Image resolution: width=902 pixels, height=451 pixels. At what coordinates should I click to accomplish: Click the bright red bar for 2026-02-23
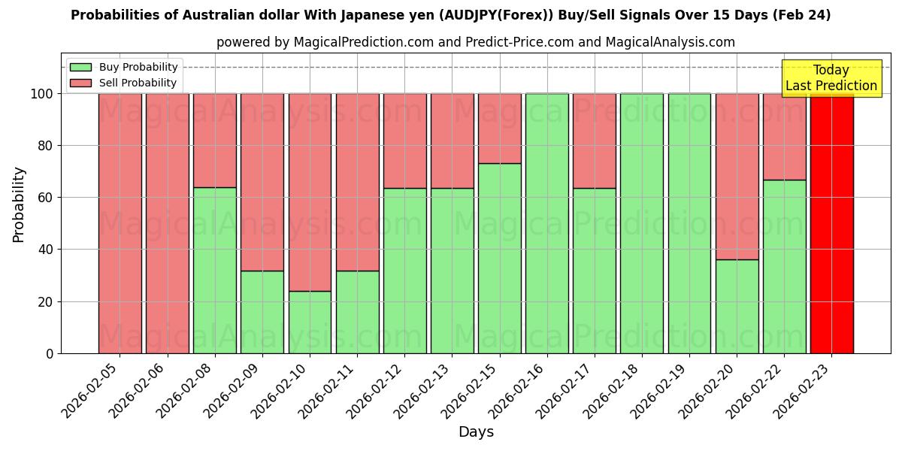pos(831,223)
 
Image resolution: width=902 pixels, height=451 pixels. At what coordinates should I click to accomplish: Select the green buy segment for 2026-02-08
pos(215,270)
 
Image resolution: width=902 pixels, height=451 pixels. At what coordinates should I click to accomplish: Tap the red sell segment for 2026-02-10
pos(310,192)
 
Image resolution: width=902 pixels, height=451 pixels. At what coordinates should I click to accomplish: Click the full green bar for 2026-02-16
pos(547,223)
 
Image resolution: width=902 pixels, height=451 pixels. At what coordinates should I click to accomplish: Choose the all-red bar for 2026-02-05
pos(120,223)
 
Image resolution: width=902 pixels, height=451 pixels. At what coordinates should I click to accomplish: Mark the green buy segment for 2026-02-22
pos(784,266)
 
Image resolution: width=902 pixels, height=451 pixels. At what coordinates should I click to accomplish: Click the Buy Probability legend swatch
pos(80,68)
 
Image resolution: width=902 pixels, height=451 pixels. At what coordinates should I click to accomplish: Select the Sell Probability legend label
pos(138,83)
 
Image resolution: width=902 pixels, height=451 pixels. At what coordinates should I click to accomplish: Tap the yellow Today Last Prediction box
pos(831,78)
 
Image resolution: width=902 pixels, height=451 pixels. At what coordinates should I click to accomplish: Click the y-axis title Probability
pos(19,204)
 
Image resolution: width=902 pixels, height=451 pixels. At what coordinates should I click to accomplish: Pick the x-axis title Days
pos(476,432)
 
